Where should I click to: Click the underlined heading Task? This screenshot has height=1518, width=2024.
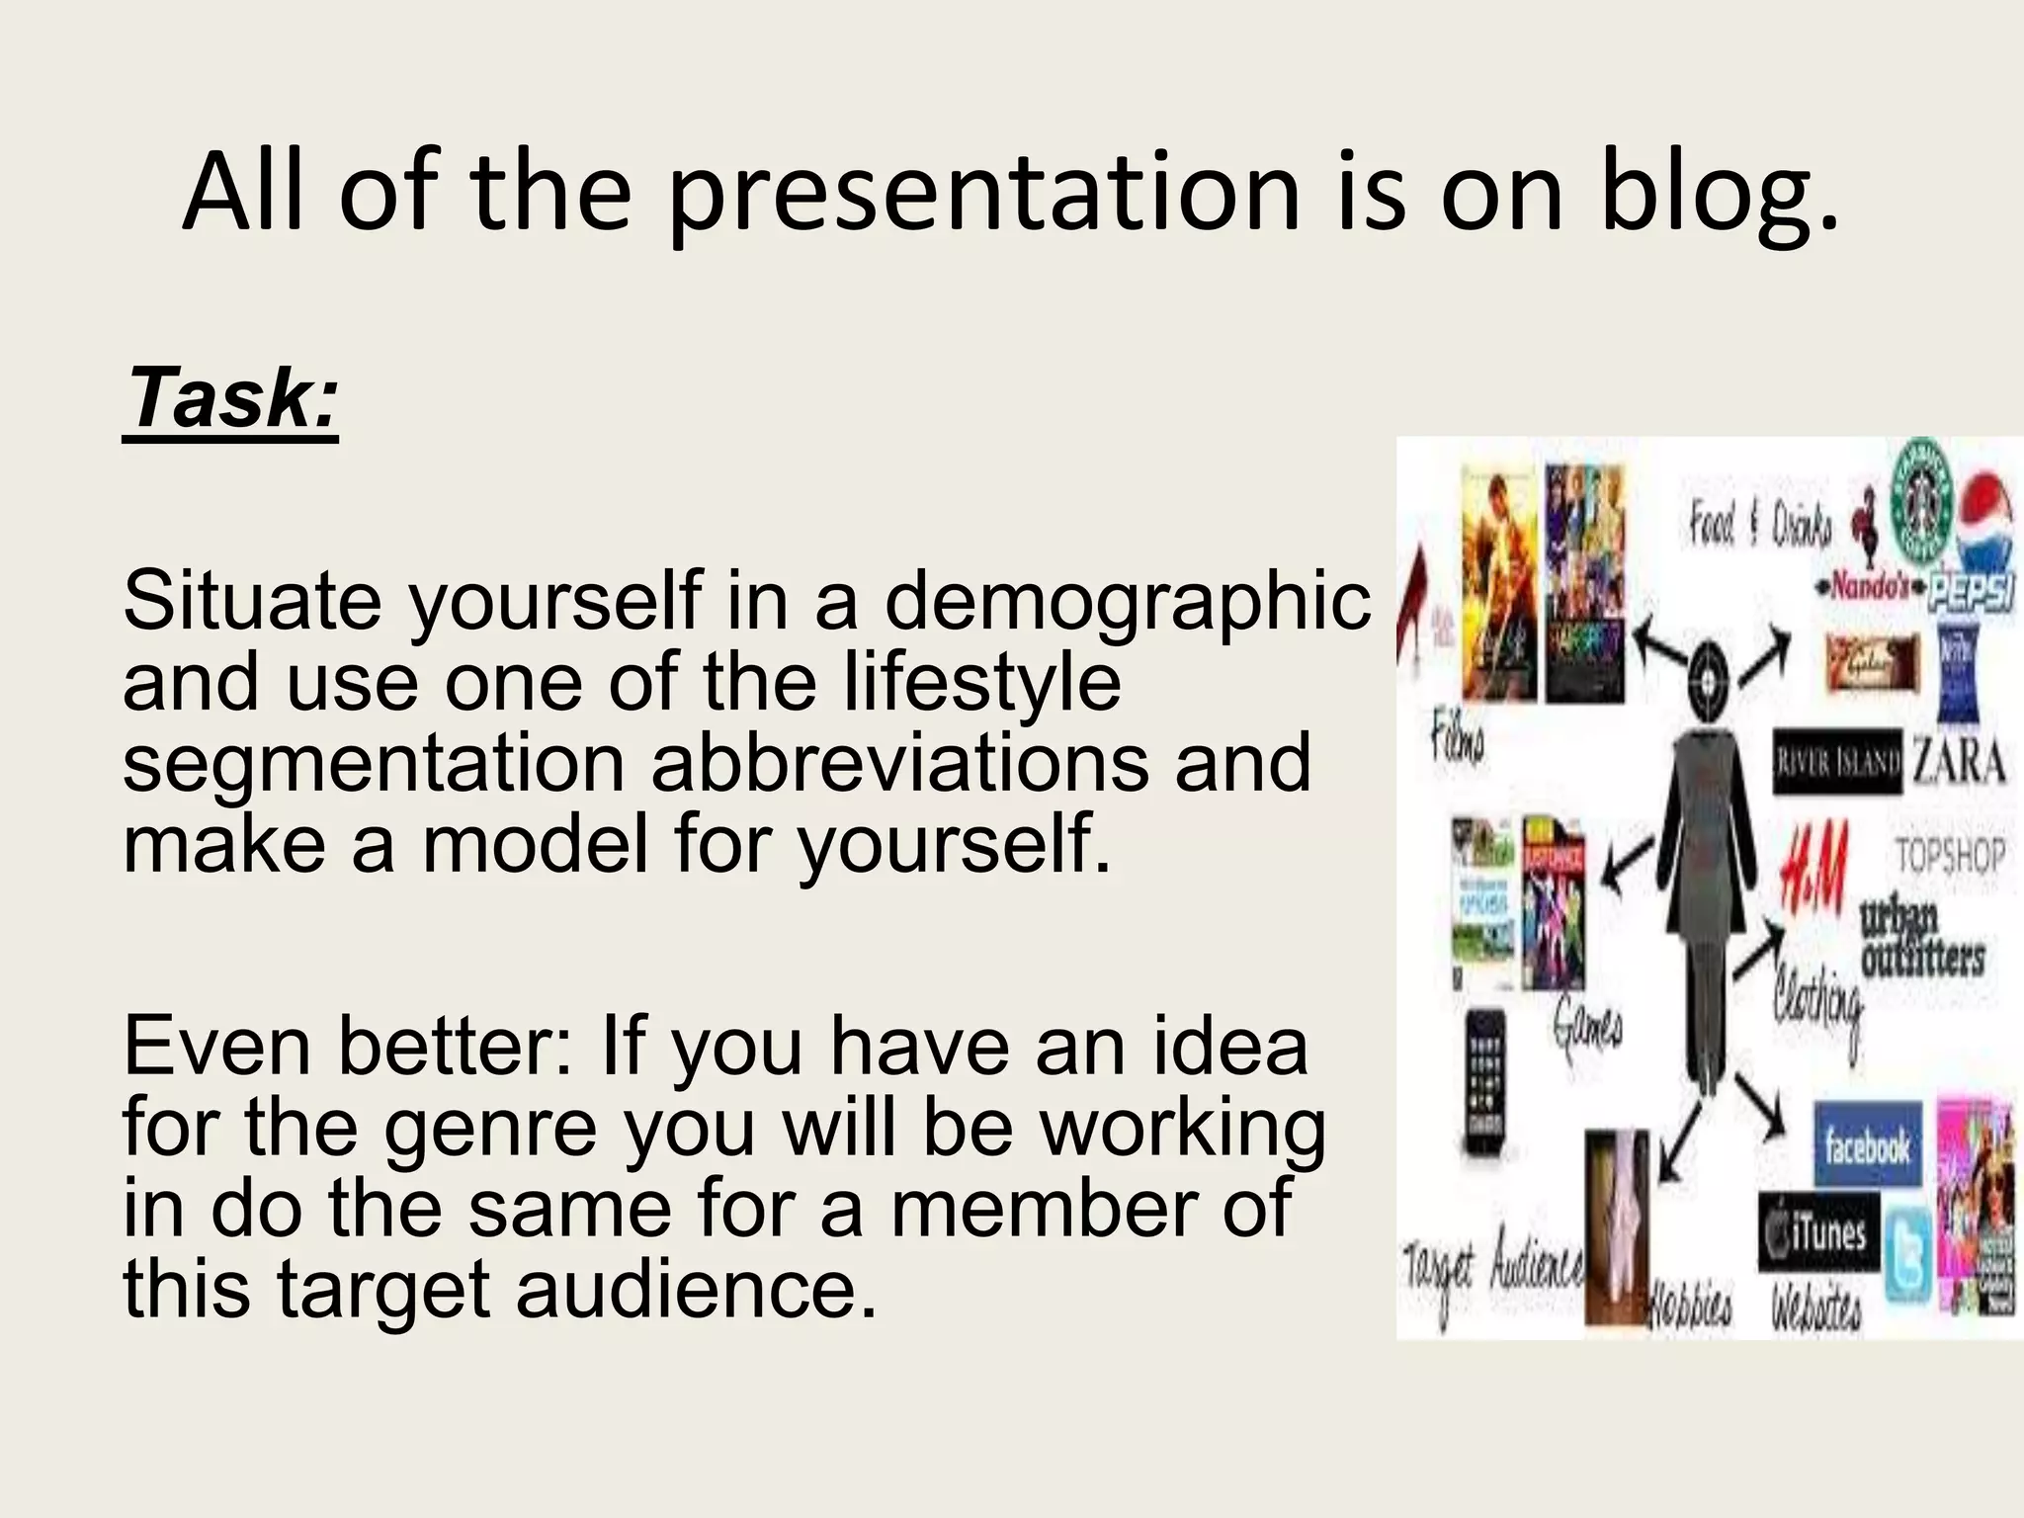coord(231,399)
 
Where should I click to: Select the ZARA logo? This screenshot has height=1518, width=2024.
coord(1959,763)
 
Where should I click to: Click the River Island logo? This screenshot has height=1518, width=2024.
coord(1836,762)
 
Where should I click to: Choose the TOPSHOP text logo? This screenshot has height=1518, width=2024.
coord(1949,856)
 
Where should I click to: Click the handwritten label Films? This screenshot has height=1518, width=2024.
coord(1458,741)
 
